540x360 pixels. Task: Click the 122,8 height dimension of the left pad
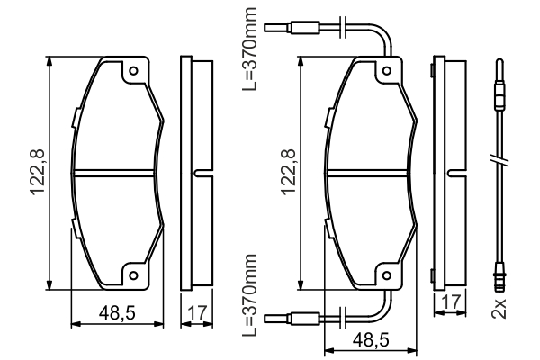(37, 172)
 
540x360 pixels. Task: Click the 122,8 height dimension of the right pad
(289, 172)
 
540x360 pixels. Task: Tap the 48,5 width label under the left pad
(117, 313)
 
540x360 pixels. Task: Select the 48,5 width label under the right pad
(371, 340)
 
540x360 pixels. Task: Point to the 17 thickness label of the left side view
(198, 313)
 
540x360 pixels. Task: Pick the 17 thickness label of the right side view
(451, 302)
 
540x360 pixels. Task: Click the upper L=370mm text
(250, 49)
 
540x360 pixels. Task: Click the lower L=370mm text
(250, 295)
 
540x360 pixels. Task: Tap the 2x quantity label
(499, 308)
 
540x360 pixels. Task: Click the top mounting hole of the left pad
(133, 71)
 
